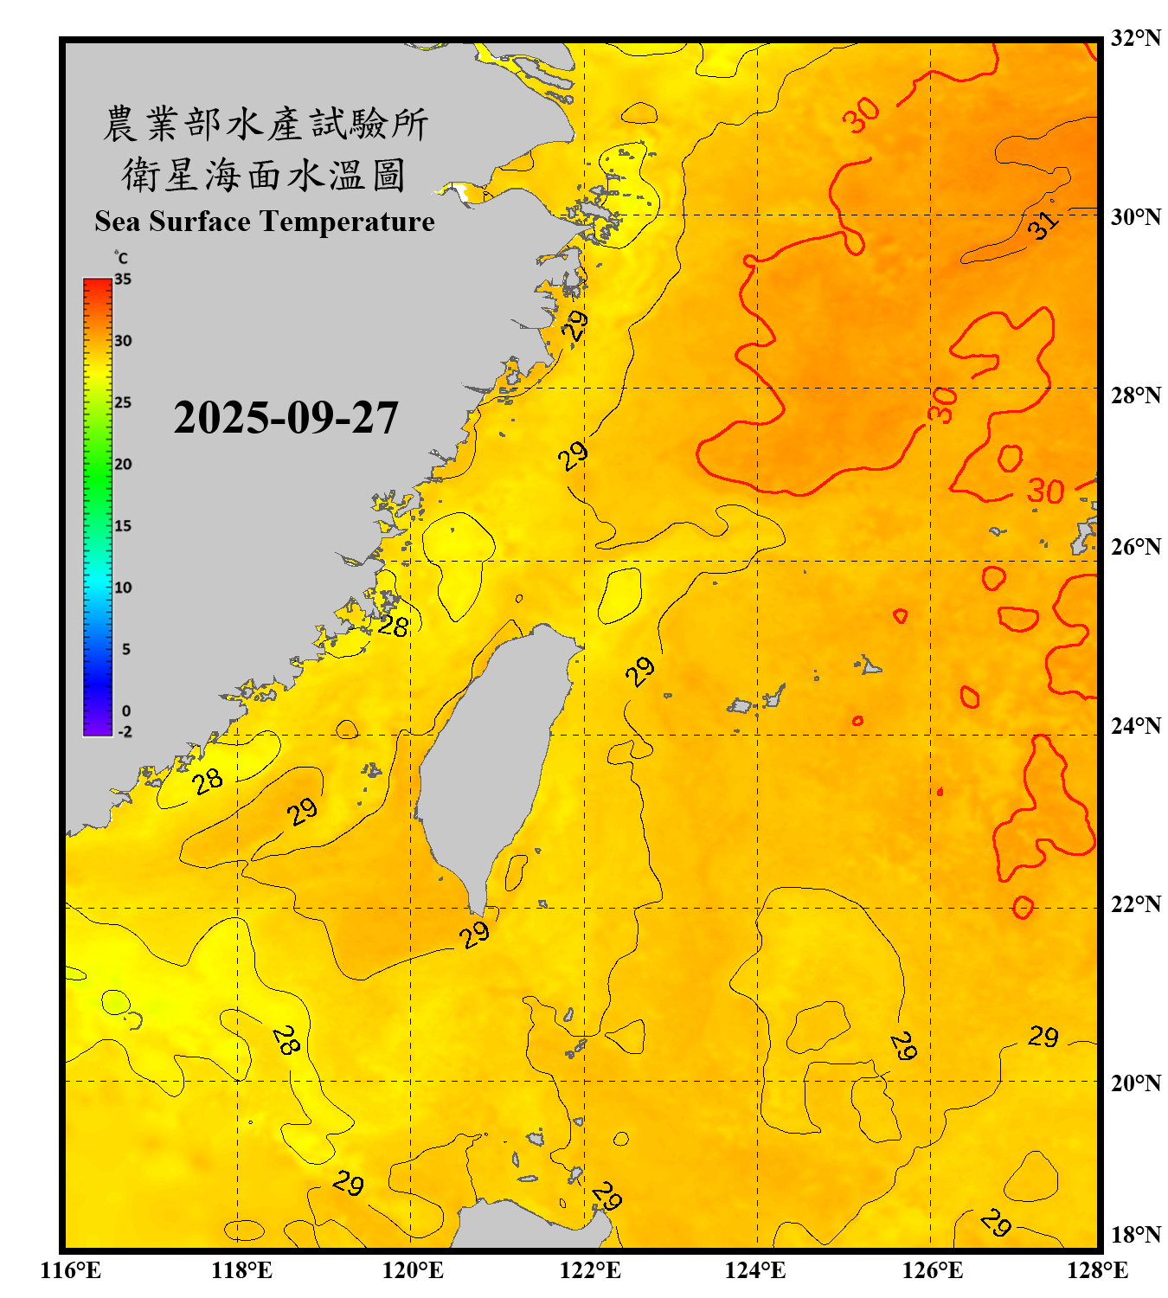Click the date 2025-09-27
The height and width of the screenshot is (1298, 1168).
click(x=286, y=418)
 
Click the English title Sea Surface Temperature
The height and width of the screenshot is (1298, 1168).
click(x=265, y=222)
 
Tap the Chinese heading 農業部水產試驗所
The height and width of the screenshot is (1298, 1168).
click(x=265, y=124)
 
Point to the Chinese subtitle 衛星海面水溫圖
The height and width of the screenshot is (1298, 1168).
click(x=265, y=175)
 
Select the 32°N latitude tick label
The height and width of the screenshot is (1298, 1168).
click(x=1135, y=38)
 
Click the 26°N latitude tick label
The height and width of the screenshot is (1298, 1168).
click(x=1135, y=547)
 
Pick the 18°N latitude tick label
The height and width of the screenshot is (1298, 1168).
click(x=1135, y=1235)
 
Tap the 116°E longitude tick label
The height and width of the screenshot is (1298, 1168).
click(x=71, y=1270)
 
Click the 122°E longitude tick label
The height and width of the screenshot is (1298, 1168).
click(x=590, y=1270)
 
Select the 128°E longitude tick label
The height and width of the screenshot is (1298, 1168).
click(x=1097, y=1270)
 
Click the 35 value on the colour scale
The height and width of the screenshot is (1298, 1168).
click(x=123, y=280)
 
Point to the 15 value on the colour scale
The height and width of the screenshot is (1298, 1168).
click(x=123, y=526)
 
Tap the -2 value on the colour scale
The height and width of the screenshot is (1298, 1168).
click(x=125, y=732)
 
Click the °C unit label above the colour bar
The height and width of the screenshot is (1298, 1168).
click(x=121, y=258)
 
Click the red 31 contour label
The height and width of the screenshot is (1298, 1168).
click(x=1043, y=225)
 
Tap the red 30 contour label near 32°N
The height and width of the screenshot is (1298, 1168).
click(x=862, y=114)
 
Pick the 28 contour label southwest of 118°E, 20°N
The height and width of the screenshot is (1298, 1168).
click(x=286, y=1040)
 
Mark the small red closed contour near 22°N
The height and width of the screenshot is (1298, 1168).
click(x=1023, y=908)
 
